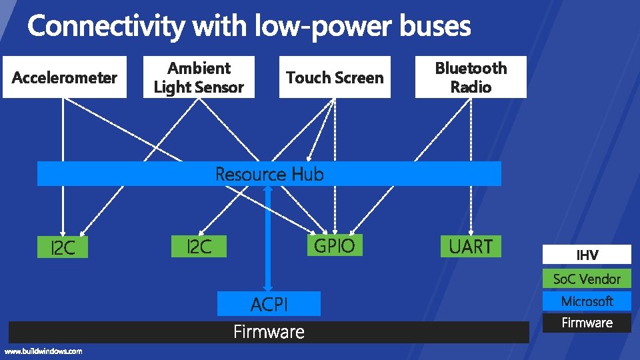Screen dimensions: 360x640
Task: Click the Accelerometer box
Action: click(x=65, y=78)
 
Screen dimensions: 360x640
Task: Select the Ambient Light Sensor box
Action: click(x=199, y=77)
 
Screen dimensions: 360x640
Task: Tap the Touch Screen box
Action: click(x=335, y=78)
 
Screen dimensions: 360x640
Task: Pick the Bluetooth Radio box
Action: click(x=471, y=77)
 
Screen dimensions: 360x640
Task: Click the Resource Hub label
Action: click(x=269, y=175)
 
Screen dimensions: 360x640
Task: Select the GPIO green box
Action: click(x=334, y=246)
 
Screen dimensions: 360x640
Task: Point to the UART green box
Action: click(x=471, y=247)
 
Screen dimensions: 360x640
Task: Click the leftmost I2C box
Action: click(x=63, y=249)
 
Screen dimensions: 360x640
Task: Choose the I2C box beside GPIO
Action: click(x=199, y=247)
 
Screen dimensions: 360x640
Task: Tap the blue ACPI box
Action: click(x=269, y=305)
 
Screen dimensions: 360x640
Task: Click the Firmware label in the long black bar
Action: click(x=269, y=332)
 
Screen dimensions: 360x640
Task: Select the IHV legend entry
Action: click(x=587, y=255)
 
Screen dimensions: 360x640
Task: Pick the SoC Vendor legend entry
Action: click(x=587, y=279)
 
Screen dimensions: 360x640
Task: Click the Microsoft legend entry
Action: click(x=587, y=301)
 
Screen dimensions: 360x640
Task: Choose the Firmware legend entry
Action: click(x=587, y=323)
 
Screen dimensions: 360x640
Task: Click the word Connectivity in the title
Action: click(x=107, y=27)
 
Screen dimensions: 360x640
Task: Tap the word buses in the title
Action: click(x=435, y=27)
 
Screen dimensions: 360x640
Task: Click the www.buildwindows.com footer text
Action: click(x=43, y=351)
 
